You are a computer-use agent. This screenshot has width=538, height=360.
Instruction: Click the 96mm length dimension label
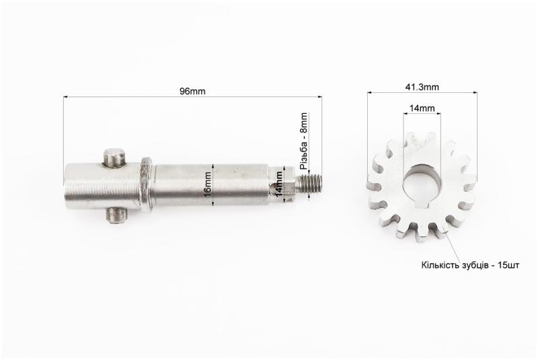click(192, 92)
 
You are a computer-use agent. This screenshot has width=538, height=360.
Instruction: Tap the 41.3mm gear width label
click(422, 87)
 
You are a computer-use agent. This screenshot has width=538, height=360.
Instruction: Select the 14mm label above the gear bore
click(422, 108)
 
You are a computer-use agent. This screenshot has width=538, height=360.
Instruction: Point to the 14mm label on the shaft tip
click(280, 183)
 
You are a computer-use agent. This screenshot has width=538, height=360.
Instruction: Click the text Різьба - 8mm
click(304, 141)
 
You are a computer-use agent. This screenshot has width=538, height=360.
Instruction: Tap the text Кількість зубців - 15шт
click(470, 265)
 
